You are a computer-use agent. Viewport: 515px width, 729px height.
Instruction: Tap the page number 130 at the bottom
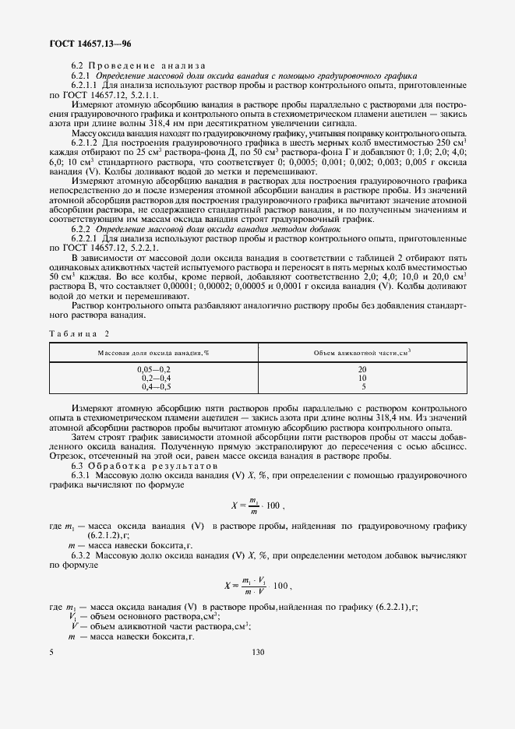(x=259, y=652)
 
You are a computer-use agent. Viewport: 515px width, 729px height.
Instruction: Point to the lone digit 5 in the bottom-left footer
(x=51, y=652)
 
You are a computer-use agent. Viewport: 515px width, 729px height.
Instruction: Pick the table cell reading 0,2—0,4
(x=153, y=376)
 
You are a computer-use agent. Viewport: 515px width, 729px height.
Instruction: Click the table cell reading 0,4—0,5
(x=153, y=386)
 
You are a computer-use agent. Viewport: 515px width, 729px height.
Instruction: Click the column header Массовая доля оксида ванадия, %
(x=153, y=353)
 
